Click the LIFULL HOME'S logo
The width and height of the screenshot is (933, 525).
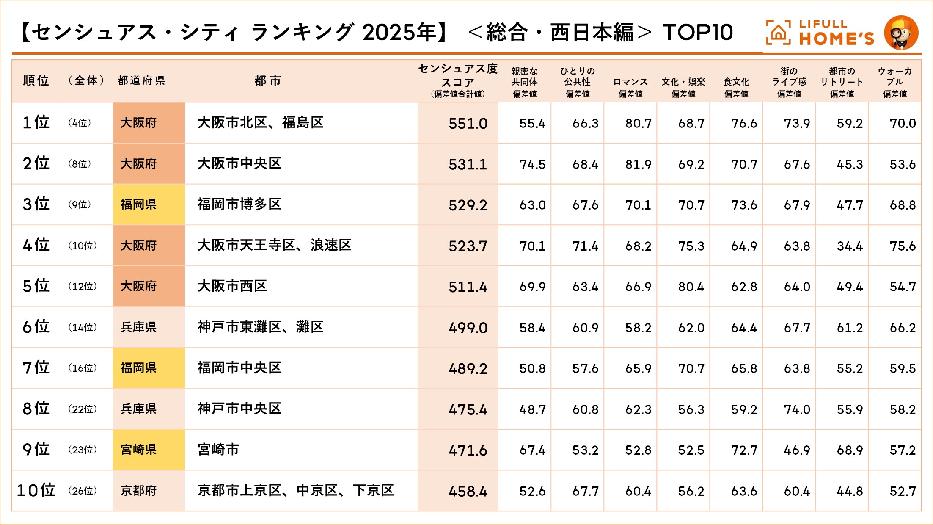click(820, 33)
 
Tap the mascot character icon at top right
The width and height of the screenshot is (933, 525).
click(901, 33)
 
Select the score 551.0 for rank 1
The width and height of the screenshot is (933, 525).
click(468, 123)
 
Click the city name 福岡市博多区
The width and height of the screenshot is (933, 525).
click(239, 204)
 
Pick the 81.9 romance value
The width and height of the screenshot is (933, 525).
click(638, 164)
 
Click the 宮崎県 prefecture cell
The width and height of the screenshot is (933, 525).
click(139, 450)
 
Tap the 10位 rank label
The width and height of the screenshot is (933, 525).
click(36, 490)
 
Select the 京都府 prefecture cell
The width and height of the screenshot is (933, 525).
click(139, 491)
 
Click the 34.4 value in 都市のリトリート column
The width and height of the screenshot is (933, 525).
click(850, 246)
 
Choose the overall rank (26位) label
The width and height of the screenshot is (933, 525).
click(83, 491)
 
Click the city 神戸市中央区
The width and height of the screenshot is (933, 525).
click(239, 409)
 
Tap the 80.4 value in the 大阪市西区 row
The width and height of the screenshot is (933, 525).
click(691, 287)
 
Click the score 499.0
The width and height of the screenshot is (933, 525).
click(468, 328)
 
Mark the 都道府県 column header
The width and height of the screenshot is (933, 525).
click(141, 80)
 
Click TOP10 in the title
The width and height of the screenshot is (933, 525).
click(698, 32)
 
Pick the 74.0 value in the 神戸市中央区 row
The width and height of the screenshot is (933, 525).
click(797, 409)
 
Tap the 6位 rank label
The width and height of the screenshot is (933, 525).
click(36, 327)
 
